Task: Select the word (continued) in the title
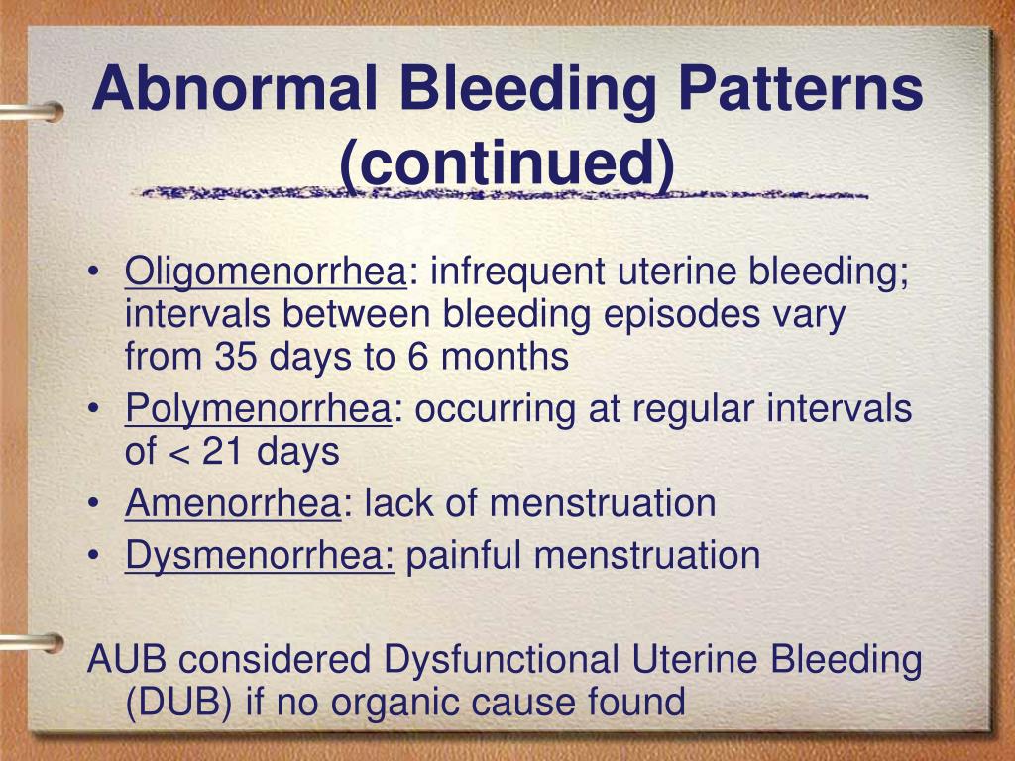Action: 507,163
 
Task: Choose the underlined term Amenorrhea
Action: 232,503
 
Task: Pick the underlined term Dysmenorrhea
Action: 260,556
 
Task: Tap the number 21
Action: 224,452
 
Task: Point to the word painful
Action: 462,556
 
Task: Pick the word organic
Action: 391,703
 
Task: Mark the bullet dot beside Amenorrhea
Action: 92,504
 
